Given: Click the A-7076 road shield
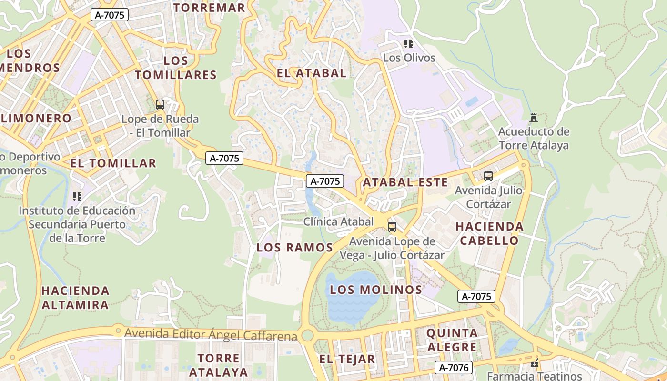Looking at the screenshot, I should click(454, 368).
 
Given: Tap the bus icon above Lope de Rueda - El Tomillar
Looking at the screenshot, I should click(160, 105).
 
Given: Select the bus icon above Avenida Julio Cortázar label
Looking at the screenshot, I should click(488, 176).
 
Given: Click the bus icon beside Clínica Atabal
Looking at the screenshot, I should click(392, 227).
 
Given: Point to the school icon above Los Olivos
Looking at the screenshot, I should click(409, 44).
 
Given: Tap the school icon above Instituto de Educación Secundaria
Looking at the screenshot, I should click(77, 196).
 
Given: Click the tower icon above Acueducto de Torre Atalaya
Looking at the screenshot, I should click(534, 117).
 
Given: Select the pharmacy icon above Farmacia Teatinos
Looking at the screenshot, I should click(535, 363).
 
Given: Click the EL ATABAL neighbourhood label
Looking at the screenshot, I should click(312, 73).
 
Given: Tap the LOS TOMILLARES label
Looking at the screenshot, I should click(176, 68).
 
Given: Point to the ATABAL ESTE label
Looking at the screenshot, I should click(405, 182).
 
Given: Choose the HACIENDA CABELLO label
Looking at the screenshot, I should click(489, 233).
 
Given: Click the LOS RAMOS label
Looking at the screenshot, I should click(294, 248).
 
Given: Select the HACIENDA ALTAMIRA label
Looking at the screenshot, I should click(75, 298).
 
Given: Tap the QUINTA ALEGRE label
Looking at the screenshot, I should click(452, 340).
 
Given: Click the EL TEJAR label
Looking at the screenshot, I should click(347, 359).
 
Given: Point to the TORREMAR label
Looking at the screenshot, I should click(209, 8).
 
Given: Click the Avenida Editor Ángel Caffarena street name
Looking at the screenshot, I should click(211, 335).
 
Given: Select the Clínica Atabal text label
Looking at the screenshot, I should click(339, 221).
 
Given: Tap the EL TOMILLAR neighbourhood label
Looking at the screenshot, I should click(113, 163).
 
